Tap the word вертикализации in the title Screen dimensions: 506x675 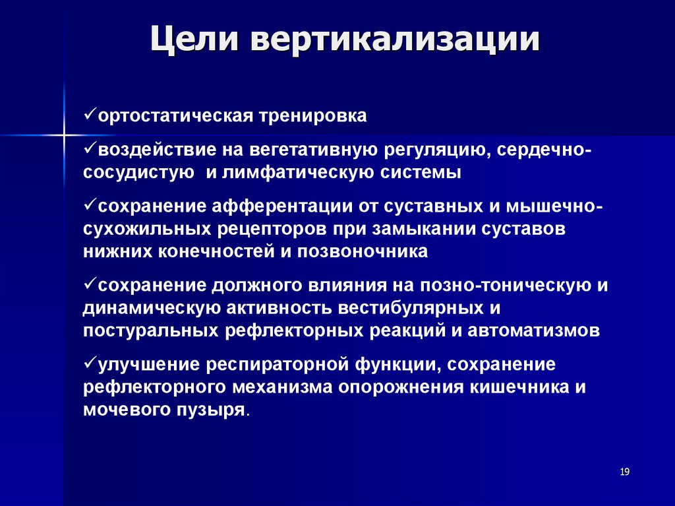point(394,41)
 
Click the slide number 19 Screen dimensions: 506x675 point(625,472)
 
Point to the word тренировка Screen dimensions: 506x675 point(307,116)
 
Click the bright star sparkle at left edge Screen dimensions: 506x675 point(64,135)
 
